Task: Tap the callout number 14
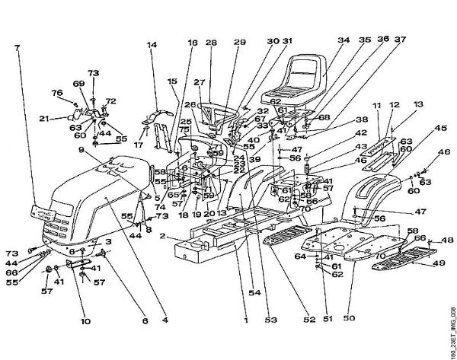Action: (x=153, y=45)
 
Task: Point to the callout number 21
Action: (x=43, y=119)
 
